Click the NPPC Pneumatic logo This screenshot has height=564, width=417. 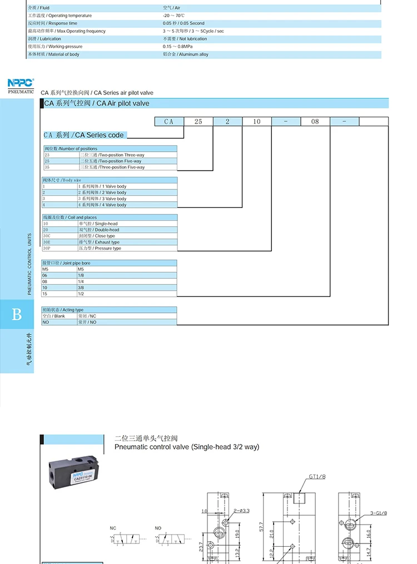pyautogui.click(x=21, y=84)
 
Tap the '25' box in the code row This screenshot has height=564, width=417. pyautogui.click(x=198, y=121)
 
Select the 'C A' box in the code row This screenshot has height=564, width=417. pyautogui.click(x=169, y=121)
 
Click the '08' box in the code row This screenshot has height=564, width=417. pyautogui.click(x=315, y=121)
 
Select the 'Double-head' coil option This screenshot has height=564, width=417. pyautogui.click(x=99, y=229)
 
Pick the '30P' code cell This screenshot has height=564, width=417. pyautogui.click(x=47, y=248)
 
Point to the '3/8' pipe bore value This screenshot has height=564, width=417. pyautogui.click(x=81, y=288)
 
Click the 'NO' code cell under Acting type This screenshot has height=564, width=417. pyautogui.click(x=46, y=322)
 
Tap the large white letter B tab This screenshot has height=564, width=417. pyautogui.click(x=17, y=315)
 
